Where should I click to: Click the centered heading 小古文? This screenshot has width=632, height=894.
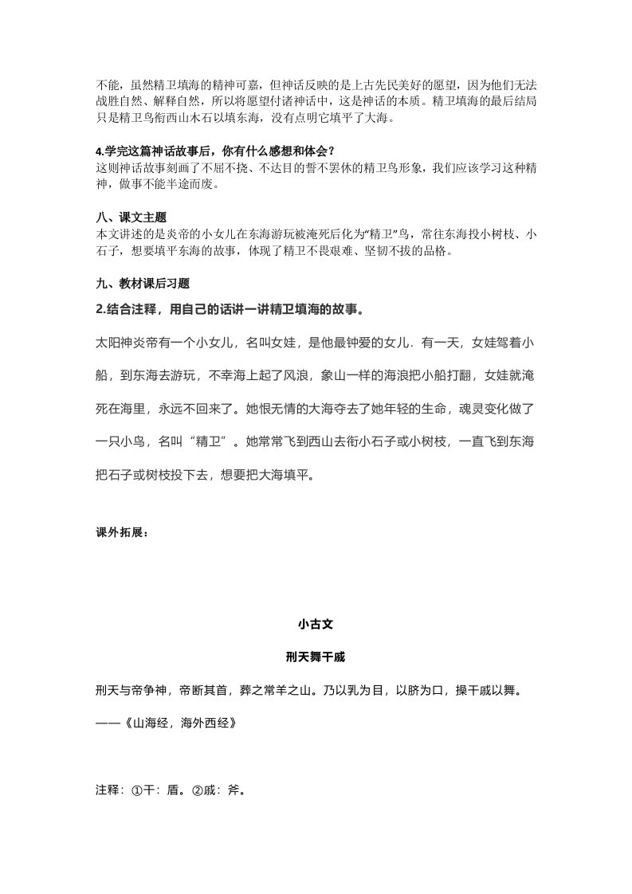[x=315, y=625]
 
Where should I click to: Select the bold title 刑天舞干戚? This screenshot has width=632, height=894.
[x=315, y=657]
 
